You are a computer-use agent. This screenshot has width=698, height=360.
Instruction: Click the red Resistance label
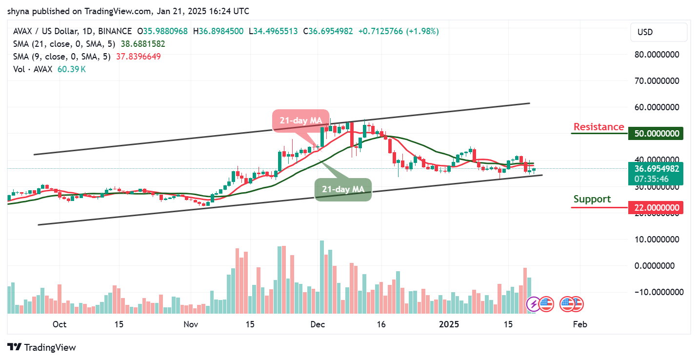(x=598, y=127)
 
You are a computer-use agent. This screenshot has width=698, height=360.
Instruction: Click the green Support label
(x=592, y=199)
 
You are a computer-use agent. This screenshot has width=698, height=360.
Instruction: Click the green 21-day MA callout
(x=343, y=189)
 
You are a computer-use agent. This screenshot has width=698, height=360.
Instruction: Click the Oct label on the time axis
(x=60, y=324)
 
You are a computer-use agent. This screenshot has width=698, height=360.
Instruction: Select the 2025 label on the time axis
(x=449, y=324)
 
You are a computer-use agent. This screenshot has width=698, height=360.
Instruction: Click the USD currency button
(x=658, y=32)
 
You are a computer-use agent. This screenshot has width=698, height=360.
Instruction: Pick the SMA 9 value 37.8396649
(x=138, y=57)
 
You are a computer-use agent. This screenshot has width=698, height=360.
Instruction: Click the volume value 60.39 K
(x=72, y=69)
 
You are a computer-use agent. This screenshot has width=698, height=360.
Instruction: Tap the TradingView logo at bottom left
(x=42, y=347)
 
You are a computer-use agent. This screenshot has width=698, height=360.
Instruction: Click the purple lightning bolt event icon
(x=534, y=304)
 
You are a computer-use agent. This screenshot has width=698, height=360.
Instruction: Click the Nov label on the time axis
(x=191, y=324)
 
